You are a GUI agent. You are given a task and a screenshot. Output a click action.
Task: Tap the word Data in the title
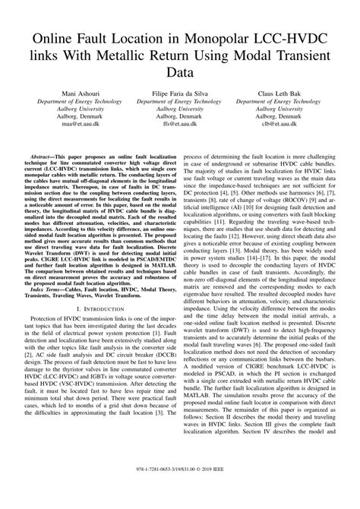click(x=179, y=77)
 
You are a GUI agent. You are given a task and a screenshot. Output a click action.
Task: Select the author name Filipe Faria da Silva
click(x=179, y=93)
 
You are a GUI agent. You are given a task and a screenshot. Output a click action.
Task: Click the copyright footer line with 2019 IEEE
click(x=179, y=492)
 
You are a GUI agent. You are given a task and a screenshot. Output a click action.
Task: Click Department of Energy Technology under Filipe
click(x=179, y=100)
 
